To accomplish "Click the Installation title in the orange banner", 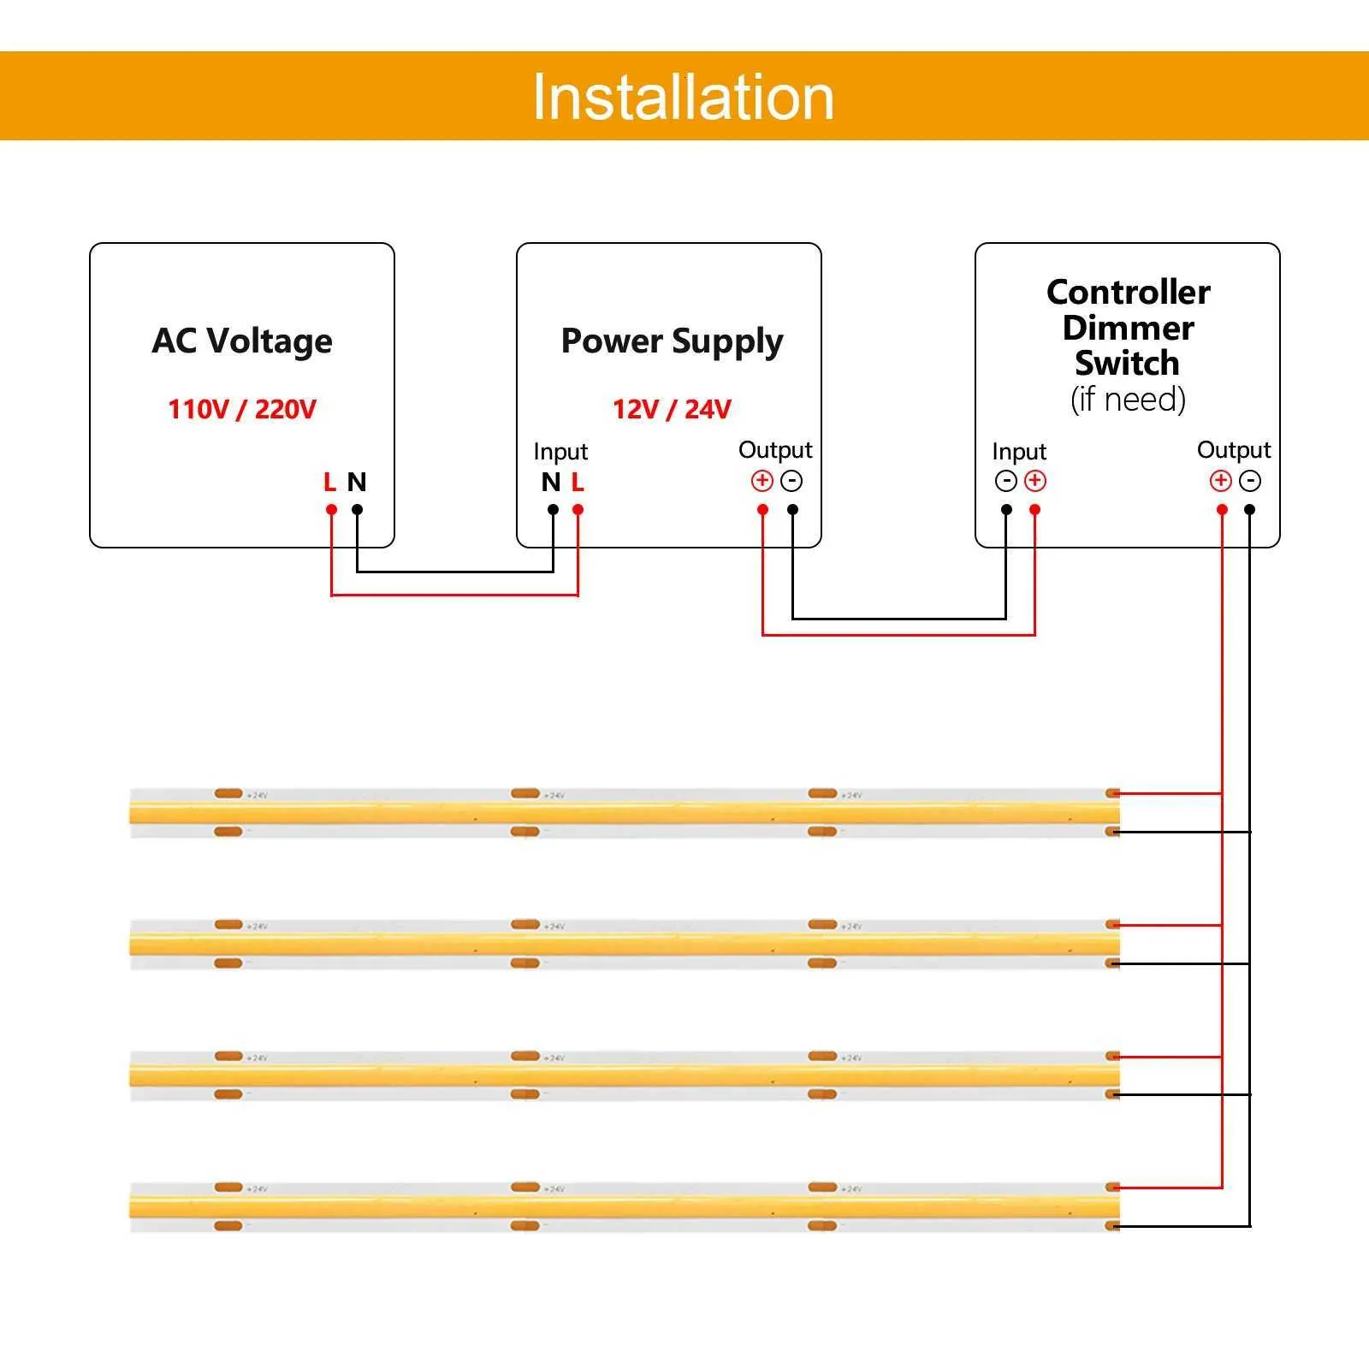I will [683, 98].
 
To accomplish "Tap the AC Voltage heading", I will [242, 341].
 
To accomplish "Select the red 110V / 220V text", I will [242, 409].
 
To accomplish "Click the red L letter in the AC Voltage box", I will [330, 483].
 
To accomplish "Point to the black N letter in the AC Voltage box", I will [357, 483].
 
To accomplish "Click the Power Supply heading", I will [672, 341].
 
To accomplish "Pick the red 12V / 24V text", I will [672, 409].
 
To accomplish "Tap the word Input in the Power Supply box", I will [560, 451].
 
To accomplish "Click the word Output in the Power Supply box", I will [775, 449].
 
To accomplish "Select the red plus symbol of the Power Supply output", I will [762, 481].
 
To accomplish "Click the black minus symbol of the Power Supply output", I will [792, 481].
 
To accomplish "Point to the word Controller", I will [1128, 292].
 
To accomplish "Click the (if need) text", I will [1128, 400].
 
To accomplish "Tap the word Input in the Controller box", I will [1019, 451].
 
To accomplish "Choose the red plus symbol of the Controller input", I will [1035, 481].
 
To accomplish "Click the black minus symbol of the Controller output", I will [1250, 481].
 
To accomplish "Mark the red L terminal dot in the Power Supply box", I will [578, 510].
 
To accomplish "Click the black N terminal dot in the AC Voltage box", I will [358, 510].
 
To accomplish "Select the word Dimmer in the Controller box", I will [1128, 328].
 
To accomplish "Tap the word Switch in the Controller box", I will [1128, 363].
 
